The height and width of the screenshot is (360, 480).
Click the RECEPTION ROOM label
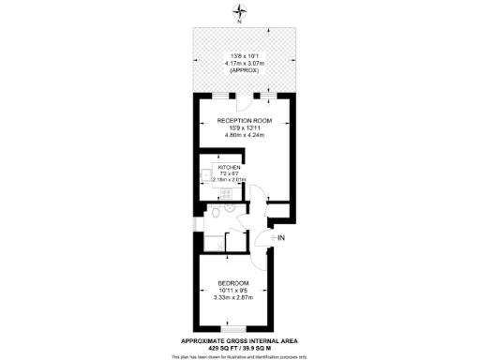pos(244,121)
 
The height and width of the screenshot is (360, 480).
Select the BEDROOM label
pos(232,283)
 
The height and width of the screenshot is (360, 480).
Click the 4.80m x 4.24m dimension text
pos(244,136)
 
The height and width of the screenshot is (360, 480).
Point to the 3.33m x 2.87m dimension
pos(232,298)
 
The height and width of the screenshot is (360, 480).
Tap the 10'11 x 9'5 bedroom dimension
pos(232,291)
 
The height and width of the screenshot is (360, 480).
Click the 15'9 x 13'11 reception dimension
pos(244,128)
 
